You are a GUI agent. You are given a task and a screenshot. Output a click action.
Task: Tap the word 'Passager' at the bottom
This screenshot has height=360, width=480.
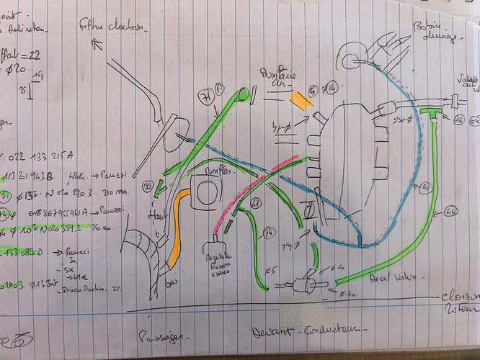[x=166, y=336]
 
